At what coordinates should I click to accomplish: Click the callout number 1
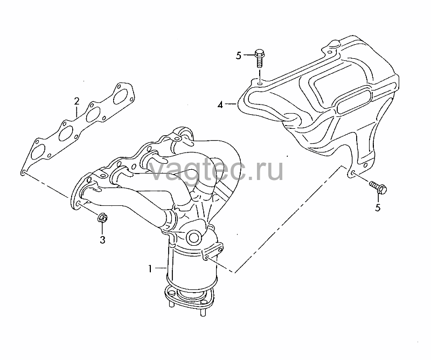(x=150, y=269)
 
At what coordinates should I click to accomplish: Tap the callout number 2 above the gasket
(x=77, y=101)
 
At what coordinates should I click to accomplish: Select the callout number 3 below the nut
(x=102, y=240)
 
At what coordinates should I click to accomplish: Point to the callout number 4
(x=220, y=105)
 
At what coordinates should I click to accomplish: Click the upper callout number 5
(x=238, y=56)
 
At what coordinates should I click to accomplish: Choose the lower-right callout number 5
(x=378, y=207)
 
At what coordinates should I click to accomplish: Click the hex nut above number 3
(x=102, y=218)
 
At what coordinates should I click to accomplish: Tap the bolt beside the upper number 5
(x=259, y=58)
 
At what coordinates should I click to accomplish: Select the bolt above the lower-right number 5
(x=378, y=187)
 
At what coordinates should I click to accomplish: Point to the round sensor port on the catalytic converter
(x=194, y=237)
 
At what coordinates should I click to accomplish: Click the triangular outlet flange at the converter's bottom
(x=189, y=296)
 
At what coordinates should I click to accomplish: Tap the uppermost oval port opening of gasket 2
(x=122, y=96)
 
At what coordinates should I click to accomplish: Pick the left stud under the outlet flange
(x=170, y=304)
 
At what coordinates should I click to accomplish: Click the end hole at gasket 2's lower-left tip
(x=24, y=172)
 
